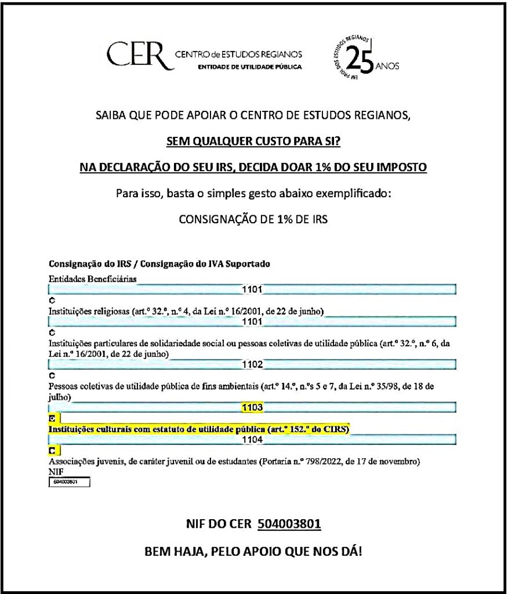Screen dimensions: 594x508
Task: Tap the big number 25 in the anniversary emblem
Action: [x=360, y=60]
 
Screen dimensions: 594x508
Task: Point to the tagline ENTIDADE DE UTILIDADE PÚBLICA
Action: [x=250, y=67]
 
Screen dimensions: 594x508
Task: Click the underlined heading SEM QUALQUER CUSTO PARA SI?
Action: [x=253, y=141]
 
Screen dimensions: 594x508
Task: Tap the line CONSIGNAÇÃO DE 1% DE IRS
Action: [x=253, y=220]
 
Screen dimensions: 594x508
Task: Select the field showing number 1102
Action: [x=253, y=365]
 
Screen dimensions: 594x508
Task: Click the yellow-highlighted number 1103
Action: [x=253, y=408]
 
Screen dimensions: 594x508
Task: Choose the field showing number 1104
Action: [x=253, y=440]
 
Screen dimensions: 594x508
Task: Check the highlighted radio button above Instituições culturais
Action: [x=52, y=418]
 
